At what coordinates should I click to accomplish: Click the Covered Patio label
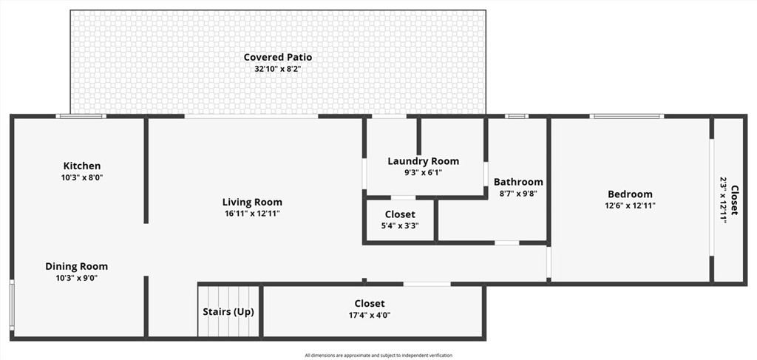(278, 57)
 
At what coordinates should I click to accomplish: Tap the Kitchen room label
(82, 166)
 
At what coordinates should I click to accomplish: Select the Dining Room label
(76, 266)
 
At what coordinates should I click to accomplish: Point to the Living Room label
(252, 203)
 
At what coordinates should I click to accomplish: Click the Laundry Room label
(424, 161)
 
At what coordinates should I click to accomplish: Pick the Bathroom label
(518, 182)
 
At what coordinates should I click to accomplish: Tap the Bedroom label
(630, 194)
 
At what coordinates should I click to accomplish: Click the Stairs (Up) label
(228, 312)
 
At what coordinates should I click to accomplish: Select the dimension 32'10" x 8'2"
(278, 69)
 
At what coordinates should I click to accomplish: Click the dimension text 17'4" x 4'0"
(370, 315)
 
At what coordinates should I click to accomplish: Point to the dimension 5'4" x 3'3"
(400, 225)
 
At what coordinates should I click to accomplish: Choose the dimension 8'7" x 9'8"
(518, 194)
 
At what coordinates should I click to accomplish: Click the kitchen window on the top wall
(81, 116)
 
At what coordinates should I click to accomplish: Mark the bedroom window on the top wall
(627, 116)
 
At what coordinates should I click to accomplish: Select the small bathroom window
(517, 116)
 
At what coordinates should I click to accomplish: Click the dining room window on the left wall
(12, 305)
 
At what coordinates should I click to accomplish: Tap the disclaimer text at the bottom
(378, 356)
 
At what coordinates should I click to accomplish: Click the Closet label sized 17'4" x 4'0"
(370, 304)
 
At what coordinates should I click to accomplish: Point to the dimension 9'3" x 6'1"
(424, 173)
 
